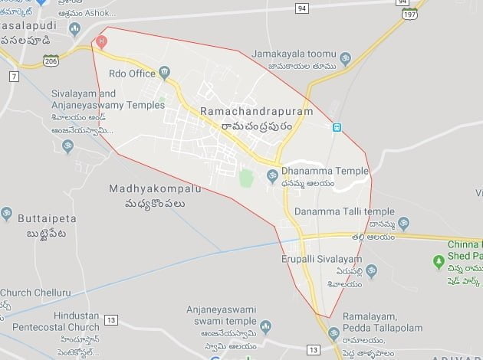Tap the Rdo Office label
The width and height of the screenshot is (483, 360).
tap(133, 74)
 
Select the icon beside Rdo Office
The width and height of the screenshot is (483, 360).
tap(164, 74)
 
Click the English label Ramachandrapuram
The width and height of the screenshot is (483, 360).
tap(256, 112)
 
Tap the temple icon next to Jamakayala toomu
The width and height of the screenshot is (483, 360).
tap(345, 57)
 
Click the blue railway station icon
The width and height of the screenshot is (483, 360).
tap(336, 126)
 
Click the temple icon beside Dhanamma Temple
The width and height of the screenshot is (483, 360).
tap(271, 177)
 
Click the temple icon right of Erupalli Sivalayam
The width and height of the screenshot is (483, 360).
tap(371, 270)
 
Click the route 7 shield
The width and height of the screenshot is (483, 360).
tap(14, 75)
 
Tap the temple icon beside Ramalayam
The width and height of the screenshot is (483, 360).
tap(333, 334)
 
